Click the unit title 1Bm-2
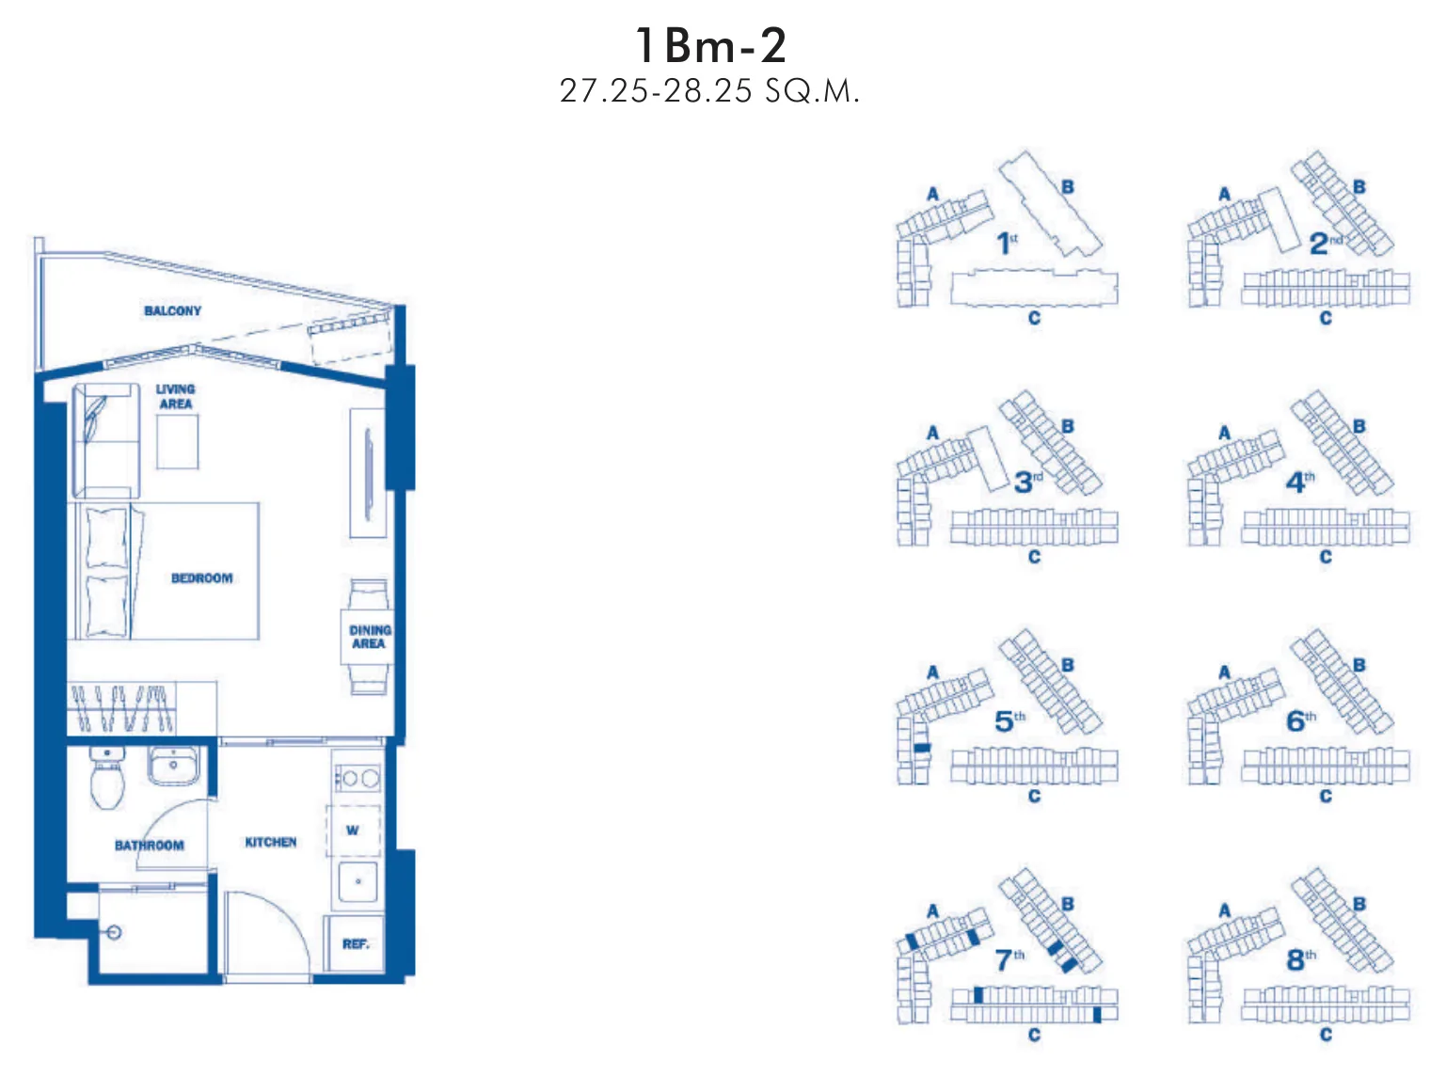[710, 46]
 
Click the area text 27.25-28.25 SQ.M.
[709, 91]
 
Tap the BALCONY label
[173, 311]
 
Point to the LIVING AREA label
[175, 396]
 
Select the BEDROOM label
[201, 578]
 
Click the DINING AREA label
[370, 637]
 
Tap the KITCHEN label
[271, 842]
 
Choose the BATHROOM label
[150, 846]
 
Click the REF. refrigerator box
[356, 943]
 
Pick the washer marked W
[353, 830]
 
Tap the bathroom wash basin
[173, 766]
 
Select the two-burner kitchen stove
[358, 778]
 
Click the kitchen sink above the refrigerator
[358, 882]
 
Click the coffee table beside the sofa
[177, 441]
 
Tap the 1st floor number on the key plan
[1007, 244]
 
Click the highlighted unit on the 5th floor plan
[922, 748]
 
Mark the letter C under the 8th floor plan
[1326, 1035]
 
